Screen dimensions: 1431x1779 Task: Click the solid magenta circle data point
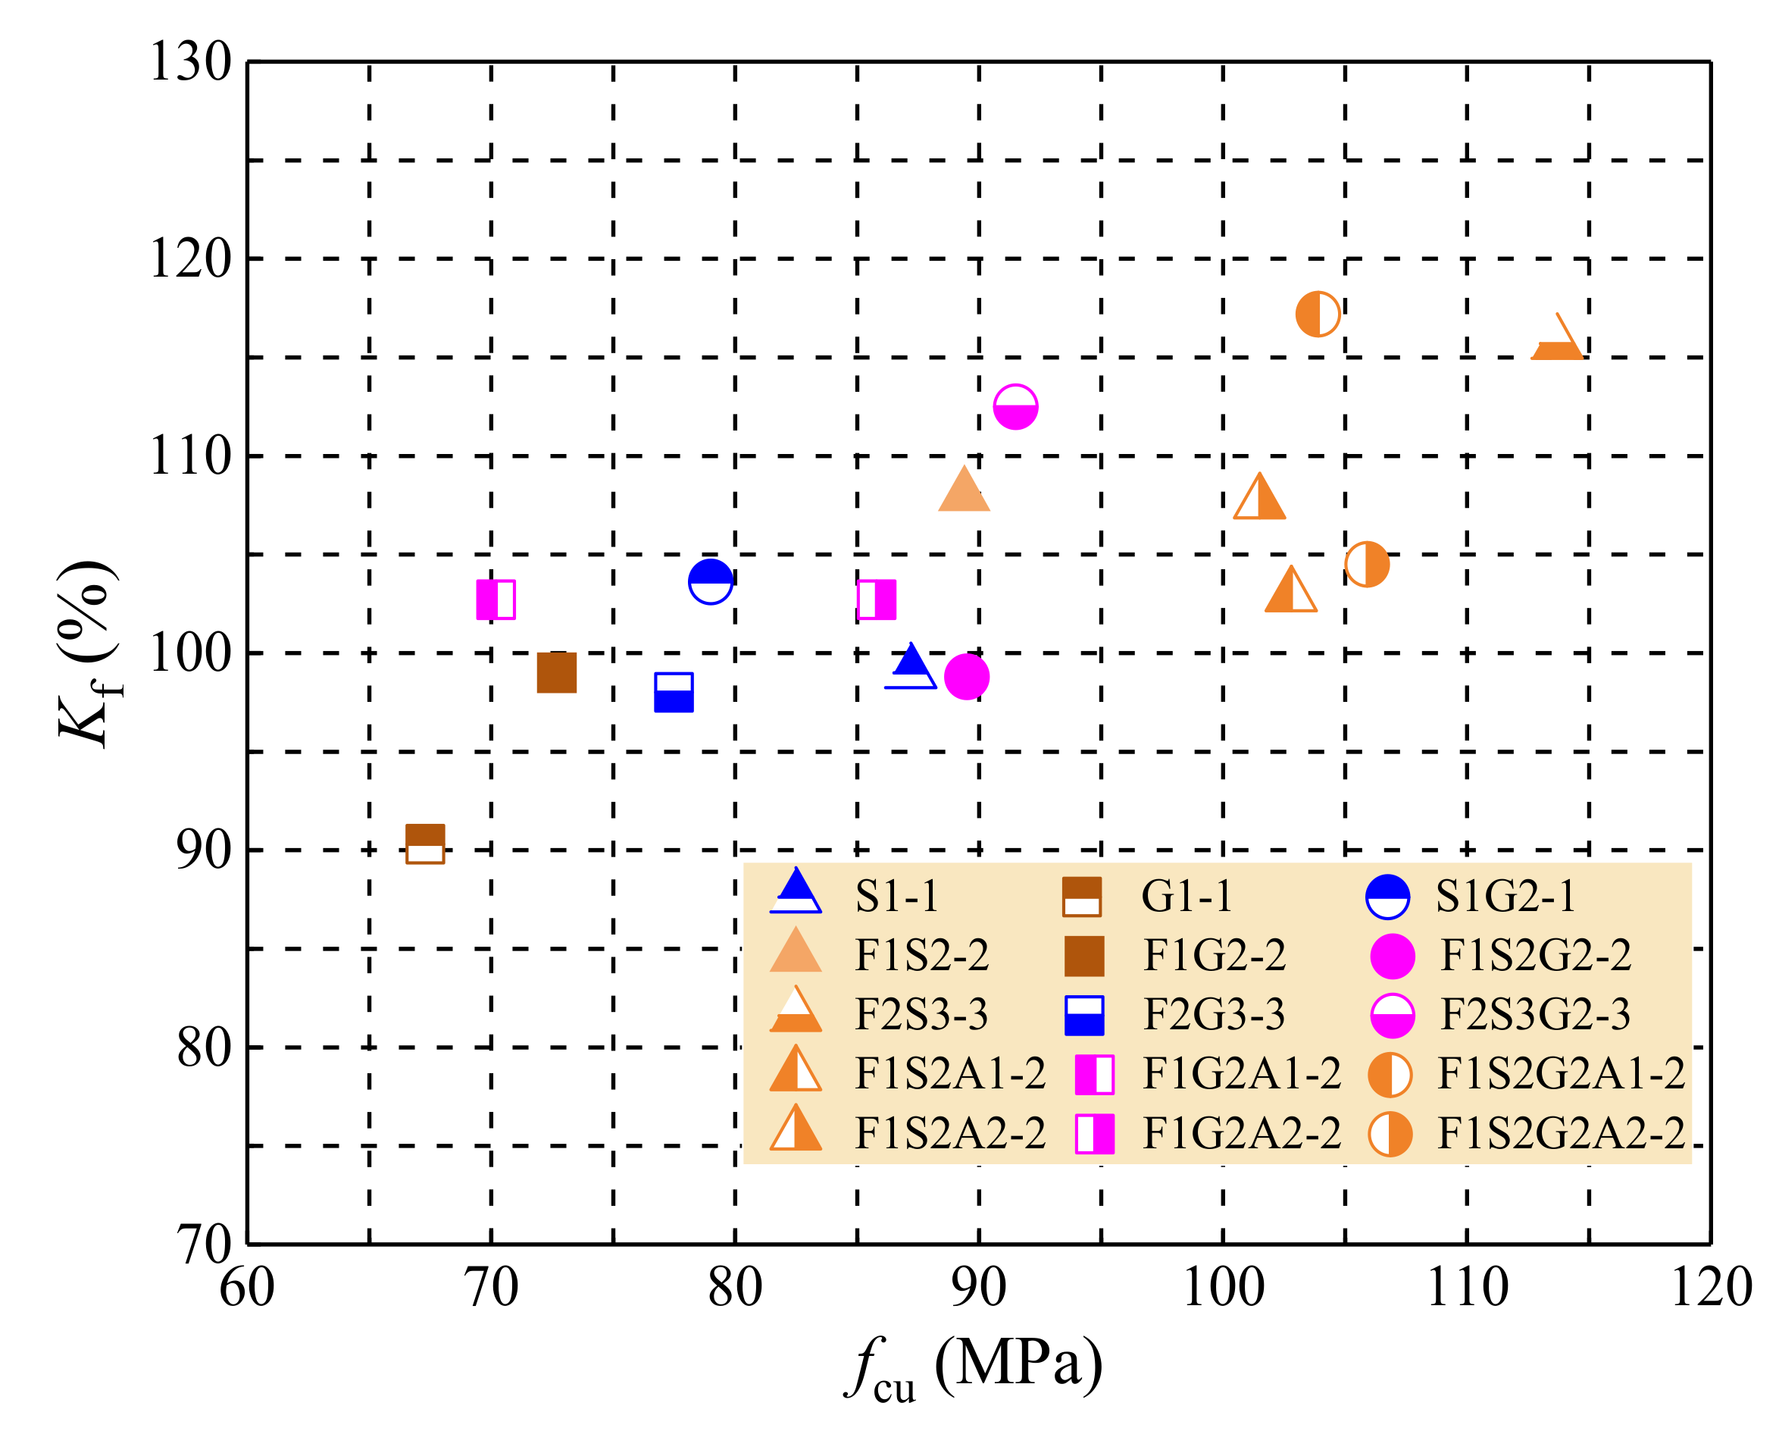pos(966,677)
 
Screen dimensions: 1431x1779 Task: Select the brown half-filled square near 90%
pos(425,844)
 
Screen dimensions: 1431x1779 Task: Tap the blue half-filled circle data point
pos(711,582)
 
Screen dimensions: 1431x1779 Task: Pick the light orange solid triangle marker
pos(964,492)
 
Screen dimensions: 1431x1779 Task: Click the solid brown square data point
pos(556,672)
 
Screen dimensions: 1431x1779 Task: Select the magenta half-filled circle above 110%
pos(1015,407)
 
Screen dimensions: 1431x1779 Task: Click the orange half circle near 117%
pos(1317,314)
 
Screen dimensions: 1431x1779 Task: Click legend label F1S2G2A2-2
pos(1560,1133)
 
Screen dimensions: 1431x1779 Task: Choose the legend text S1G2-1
pos(1505,896)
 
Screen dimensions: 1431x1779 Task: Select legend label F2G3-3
pos(1213,1014)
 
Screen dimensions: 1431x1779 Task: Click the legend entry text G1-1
pos(1186,896)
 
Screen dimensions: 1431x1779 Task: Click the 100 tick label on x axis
pos(1223,1288)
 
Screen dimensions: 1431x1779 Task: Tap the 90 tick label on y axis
pos(203,850)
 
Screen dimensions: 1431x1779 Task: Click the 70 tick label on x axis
pos(492,1288)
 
